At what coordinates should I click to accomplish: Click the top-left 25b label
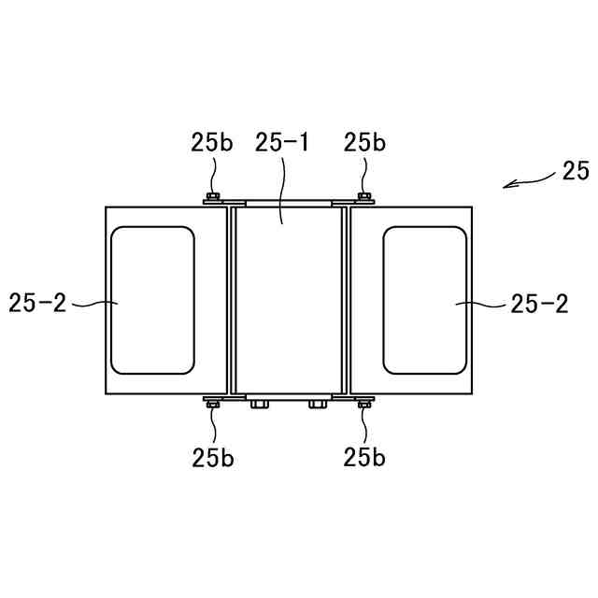(212, 143)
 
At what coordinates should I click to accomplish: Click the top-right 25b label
(364, 143)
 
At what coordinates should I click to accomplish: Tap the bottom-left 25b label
(213, 457)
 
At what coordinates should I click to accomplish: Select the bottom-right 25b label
(364, 457)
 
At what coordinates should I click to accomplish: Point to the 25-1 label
(281, 143)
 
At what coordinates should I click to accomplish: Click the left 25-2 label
(37, 303)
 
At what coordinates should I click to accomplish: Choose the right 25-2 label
(539, 304)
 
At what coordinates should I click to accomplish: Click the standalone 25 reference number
(576, 170)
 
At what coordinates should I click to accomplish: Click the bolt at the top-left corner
(213, 197)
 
